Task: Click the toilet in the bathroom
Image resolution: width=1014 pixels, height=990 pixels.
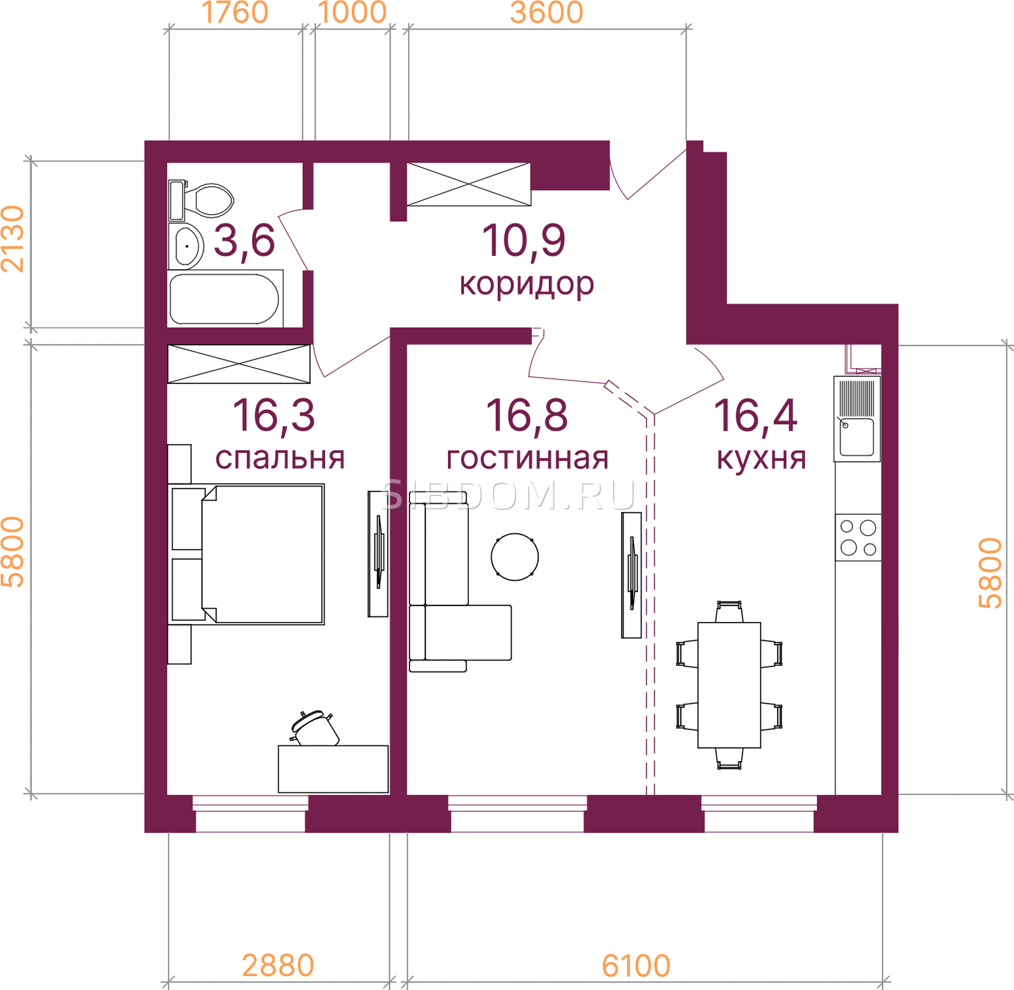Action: pos(202,200)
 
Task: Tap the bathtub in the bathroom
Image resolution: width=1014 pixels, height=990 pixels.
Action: pos(225,298)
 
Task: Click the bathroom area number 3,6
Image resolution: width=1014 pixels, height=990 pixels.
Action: pos(244,241)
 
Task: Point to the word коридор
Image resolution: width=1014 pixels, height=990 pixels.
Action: pos(527,284)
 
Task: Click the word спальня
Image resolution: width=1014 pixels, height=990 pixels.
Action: pos(279,458)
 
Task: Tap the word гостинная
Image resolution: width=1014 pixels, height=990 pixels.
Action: pos(527,458)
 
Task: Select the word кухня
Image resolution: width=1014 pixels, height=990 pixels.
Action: pos(761,459)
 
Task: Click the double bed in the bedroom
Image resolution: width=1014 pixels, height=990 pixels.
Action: pos(247,554)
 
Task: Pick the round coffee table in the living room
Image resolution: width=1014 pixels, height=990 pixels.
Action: pos(515,557)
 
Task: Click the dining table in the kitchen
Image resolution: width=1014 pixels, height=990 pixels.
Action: pos(729,685)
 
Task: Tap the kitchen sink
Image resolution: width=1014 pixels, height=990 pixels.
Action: pos(857,419)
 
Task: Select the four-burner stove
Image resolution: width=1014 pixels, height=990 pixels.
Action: pos(858,537)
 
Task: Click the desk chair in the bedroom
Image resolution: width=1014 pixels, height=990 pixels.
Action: pos(314,728)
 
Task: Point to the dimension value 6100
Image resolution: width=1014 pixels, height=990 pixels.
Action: pos(636,966)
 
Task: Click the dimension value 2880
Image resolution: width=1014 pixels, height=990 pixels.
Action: pos(278,966)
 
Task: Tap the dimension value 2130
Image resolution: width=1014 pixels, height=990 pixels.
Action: pos(13,239)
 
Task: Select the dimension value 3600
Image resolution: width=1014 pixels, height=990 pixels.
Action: pos(546,13)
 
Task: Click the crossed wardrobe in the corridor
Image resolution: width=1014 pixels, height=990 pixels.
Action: pos(468,184)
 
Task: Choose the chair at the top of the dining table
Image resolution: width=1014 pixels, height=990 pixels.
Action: pos(729,612)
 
